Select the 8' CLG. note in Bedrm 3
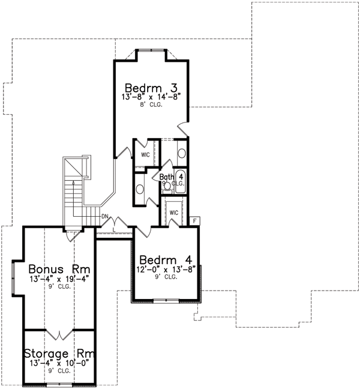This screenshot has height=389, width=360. click(x=151, y=104)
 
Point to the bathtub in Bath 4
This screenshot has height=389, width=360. click(x=181, y=181)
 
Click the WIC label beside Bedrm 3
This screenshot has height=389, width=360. click(x=145, y=154)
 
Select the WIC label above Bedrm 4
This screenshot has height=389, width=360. click(x=174, y=213)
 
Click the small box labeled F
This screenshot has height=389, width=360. click(x=195, y=221)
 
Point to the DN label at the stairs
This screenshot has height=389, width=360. click(x=104, y=216)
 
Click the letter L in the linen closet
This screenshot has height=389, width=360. click(x=114, y=230)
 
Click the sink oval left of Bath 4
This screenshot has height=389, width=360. click(x=140, y=189)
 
